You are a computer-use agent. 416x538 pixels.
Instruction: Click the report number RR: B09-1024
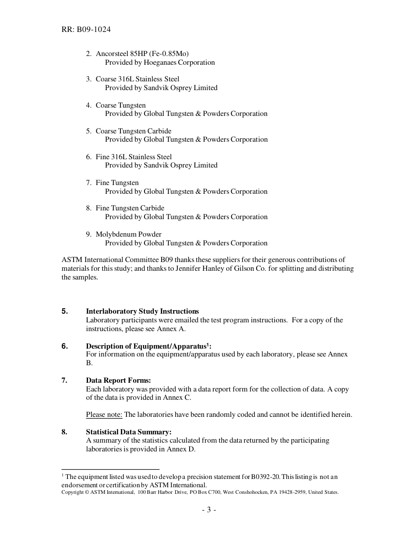[x=86, y=30]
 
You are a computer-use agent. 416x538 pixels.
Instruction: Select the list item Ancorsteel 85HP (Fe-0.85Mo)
[x=142, y=54]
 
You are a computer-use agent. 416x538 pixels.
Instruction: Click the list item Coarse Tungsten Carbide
[x=134, y=131]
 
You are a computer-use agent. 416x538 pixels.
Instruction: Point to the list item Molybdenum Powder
[x=128, y=234]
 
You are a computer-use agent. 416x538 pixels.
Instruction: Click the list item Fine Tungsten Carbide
[x=130, y=208]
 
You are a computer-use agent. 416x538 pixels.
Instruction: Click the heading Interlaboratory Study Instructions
[x=142, y=311]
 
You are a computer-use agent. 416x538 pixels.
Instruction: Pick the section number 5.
[x=64, y=311]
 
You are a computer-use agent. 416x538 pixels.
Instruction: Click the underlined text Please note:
[x=104, y=415]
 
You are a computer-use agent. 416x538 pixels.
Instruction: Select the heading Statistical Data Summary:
[x=129, y=432]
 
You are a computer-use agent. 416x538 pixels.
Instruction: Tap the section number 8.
[x=64, y=432]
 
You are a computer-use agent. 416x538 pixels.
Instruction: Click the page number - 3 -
[x=209, y=510]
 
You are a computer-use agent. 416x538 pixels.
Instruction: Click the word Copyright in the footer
[x=72, y=492]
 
